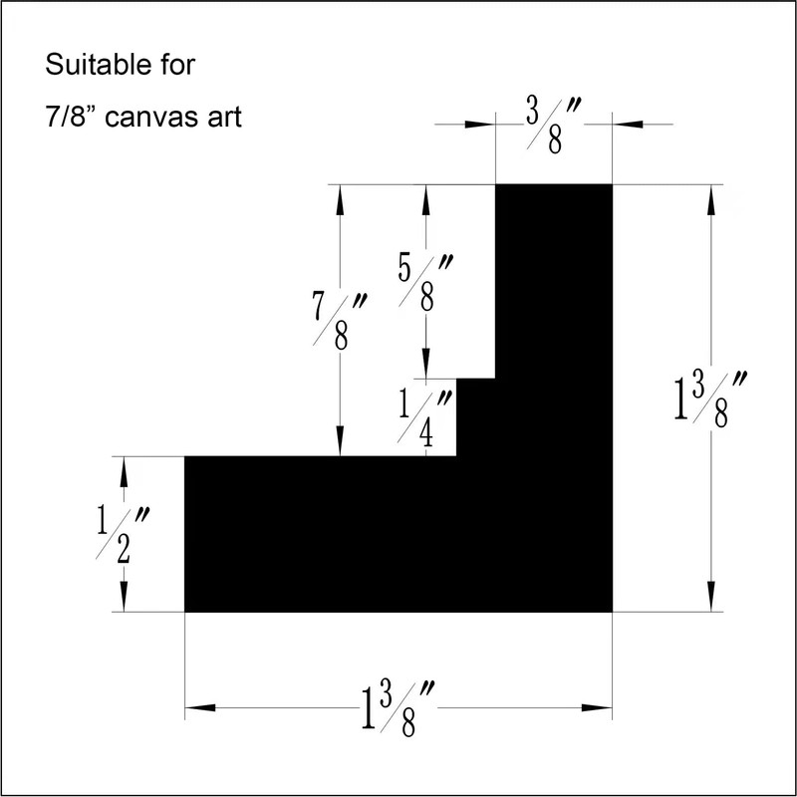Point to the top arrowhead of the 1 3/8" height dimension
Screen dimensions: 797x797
(x=709, y=196)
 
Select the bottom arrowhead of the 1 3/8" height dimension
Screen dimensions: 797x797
(x=709, y=601)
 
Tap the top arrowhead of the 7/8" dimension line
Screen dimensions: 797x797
(x=341, y=196)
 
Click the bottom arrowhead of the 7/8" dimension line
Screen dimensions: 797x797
(x=341, y=445)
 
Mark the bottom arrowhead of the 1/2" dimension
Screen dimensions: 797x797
(x=125, y=601)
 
